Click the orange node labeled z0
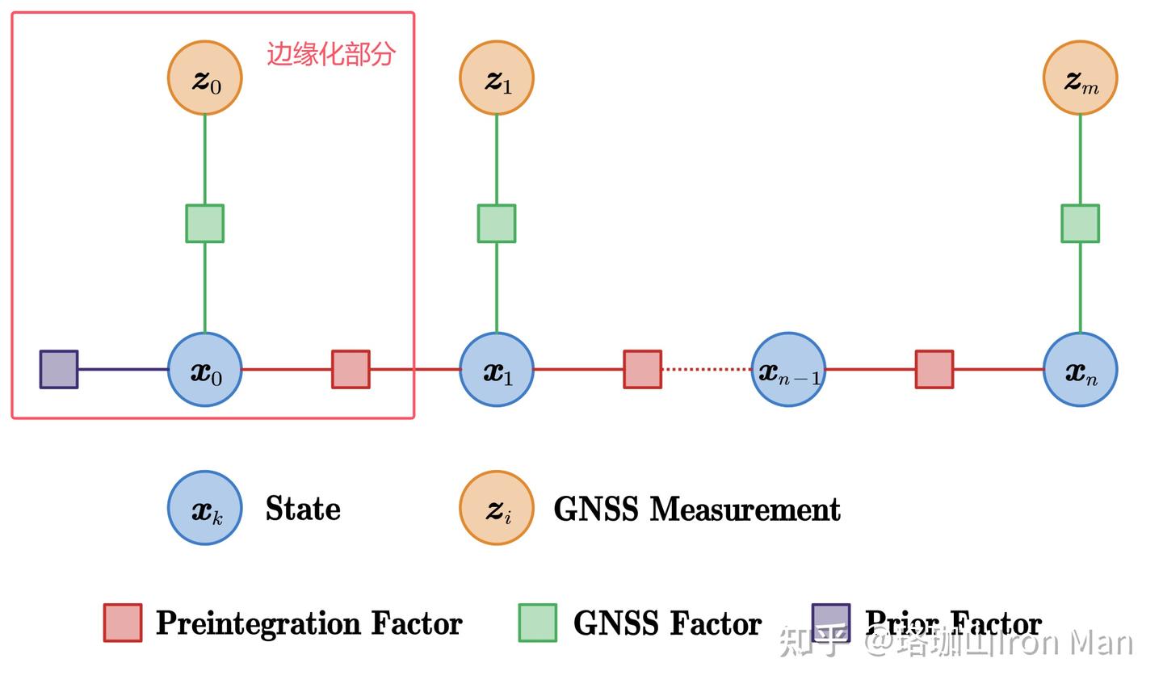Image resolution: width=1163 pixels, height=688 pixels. (205, 78)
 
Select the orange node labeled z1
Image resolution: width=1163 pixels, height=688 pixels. (497, 78)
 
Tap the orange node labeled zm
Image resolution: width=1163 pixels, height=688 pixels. (1081, 78)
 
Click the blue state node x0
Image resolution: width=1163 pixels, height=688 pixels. (205, 370)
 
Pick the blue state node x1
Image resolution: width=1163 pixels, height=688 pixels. (497, 370)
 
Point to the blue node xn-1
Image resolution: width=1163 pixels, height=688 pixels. (788, 370)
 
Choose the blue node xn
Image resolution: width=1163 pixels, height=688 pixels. (1081, 370)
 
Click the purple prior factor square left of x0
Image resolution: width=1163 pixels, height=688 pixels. (59, 369)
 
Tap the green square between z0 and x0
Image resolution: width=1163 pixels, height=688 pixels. (205, 224)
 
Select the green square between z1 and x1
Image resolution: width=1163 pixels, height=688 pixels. (497, 224)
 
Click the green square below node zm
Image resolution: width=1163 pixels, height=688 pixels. (1080, 224)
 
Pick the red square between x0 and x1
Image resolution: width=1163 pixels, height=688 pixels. (351, 369)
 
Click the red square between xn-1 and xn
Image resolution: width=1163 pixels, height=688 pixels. (934, 369)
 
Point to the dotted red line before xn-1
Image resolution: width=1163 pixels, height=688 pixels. (707, 370)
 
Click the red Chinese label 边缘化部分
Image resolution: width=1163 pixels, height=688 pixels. (331, 54)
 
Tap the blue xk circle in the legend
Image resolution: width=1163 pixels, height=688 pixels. (205, 509)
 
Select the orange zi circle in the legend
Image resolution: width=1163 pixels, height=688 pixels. (497, 509)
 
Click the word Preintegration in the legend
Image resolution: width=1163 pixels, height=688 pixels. (258, 623)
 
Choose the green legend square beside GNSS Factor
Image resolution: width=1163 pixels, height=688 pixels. (537, 623)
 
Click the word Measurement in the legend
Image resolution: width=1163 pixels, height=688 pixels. (745, 509)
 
